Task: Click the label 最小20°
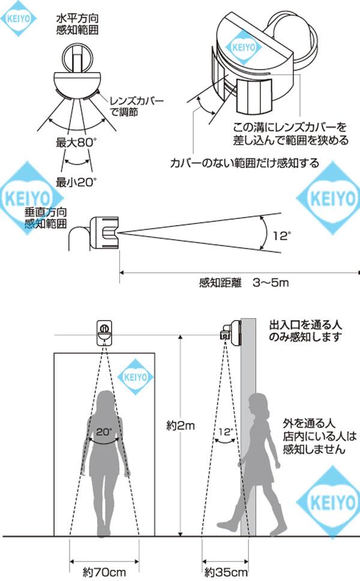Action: coord(76,181)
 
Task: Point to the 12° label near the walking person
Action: coord(224,430)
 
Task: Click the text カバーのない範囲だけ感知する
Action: coord(244,163)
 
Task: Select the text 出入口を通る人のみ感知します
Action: coord(304,331)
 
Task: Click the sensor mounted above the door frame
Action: coord(104,333)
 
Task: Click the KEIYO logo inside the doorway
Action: coord(135,378)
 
